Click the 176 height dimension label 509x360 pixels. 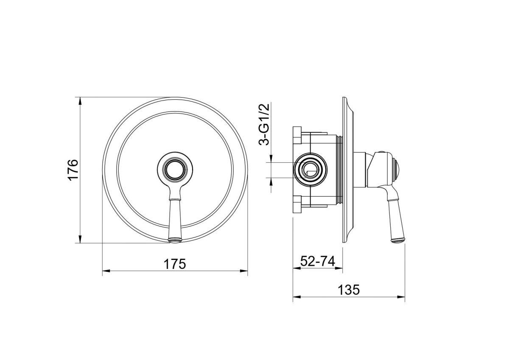pyautogui.click(x=73, y=170)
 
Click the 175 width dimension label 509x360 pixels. pyautogui.click(x=175, y=264)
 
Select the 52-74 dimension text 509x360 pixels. pyautogui.click(x=318, y=261)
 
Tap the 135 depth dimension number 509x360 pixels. pyautogui.click(x=349, y=290)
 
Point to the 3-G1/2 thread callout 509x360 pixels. pyautogui.click(x=264, y=124)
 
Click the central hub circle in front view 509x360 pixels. pyautogui.click(x=175, y=170)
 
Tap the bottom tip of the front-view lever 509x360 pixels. pyautogui.click(x=175, y=243)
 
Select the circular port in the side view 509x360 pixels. pyautogui.click(x=310, y=170)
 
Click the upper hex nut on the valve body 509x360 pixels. pyautogui.click(x=297, y=135)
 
